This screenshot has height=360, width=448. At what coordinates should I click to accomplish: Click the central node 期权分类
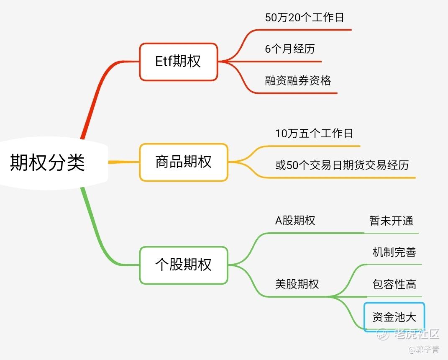pyautogui.click(x=48, y=162)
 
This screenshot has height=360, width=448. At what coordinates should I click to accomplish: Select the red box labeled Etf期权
pyautogui.click(x=178, y=62)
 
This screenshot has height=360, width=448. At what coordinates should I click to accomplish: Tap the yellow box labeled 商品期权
pyautogui.click(x=184, y=162)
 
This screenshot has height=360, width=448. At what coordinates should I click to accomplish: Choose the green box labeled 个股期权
pyautogui.click(x=184, y=265)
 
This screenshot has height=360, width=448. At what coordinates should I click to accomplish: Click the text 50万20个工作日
pyautogui.click(x=305, y=18)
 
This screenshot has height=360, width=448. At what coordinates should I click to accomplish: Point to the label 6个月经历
pyautogui.click(x=290, y=49)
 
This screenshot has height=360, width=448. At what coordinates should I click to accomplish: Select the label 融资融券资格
pyautogui.click(x=298, y=80)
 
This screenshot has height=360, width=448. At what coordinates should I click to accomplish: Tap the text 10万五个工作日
pyautogui.click(x=314, y=134)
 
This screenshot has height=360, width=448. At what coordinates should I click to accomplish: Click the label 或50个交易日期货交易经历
pyautogui.click(x=342, y=165)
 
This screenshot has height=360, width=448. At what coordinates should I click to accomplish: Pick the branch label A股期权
pyautogui.click(x=295, y=221)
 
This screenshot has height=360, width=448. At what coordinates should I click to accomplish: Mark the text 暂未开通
pyautogui.click(x=391, y=221)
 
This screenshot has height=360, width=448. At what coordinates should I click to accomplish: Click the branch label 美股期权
pyautogui.click(x=297, y=284)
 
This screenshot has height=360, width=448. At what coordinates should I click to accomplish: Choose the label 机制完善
pyautogui.click(x=394, y=252)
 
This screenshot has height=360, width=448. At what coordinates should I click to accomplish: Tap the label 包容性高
pyautogui.click(x=394, y=285)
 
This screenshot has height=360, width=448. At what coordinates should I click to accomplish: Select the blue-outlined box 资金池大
pyautogui.click(x=394, y=317)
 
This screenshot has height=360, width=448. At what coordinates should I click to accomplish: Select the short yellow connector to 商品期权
pyautogui.click(x=124, y=162)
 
